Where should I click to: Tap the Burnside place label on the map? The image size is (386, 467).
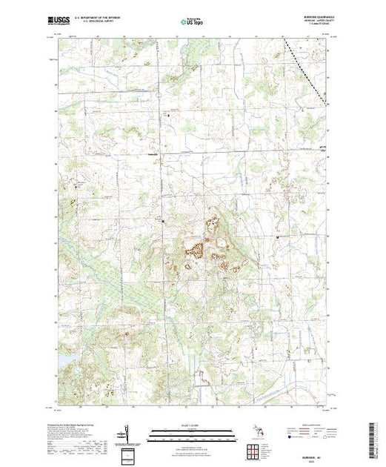click(x=153, y=154)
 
